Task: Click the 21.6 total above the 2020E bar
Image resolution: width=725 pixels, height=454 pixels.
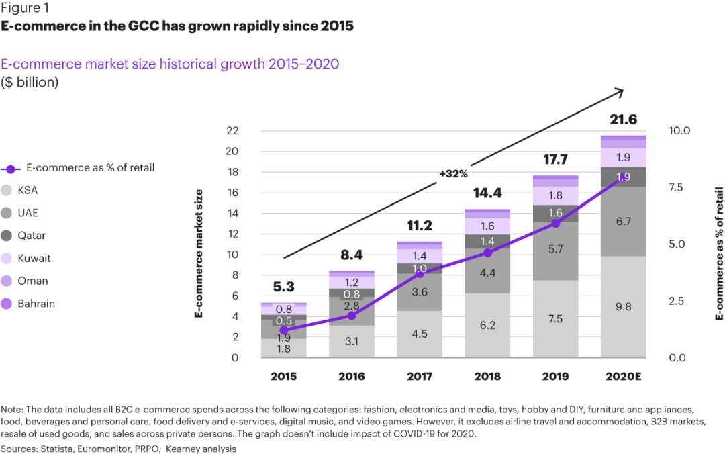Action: click(623, 120)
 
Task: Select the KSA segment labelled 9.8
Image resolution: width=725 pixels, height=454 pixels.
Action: click(623, 306)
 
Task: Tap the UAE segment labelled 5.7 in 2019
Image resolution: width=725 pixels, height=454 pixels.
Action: click(555, 249)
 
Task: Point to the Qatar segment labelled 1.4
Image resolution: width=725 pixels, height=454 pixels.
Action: click(487, 241)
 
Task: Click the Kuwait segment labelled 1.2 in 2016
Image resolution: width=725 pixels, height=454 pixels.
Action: click(352, 283)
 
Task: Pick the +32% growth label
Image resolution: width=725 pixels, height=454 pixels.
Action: click(453, 173)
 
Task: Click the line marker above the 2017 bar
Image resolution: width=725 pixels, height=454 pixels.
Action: click(420, 274)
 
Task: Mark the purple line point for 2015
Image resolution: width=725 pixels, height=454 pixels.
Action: click(284, 330)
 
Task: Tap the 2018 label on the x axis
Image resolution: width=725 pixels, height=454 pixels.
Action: click(487, 376)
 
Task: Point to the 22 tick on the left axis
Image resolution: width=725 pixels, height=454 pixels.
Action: click(231, 131)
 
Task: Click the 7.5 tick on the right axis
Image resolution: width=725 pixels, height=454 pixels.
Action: click(680, 187)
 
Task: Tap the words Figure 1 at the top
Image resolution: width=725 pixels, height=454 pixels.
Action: click(25, 9)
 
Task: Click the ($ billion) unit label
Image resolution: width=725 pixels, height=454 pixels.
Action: click(30, 82)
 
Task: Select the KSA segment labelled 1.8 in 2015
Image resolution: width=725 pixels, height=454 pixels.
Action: click(284, 349)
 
